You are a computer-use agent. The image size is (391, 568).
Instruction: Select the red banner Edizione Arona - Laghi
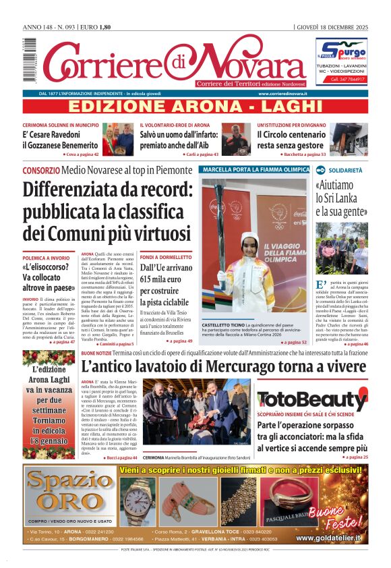point(195,107)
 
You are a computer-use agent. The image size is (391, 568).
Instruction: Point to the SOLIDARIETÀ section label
point(345,171)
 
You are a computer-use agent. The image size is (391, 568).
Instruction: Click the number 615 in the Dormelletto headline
point(149,280)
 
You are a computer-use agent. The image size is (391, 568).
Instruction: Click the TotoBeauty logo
point(311,399)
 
